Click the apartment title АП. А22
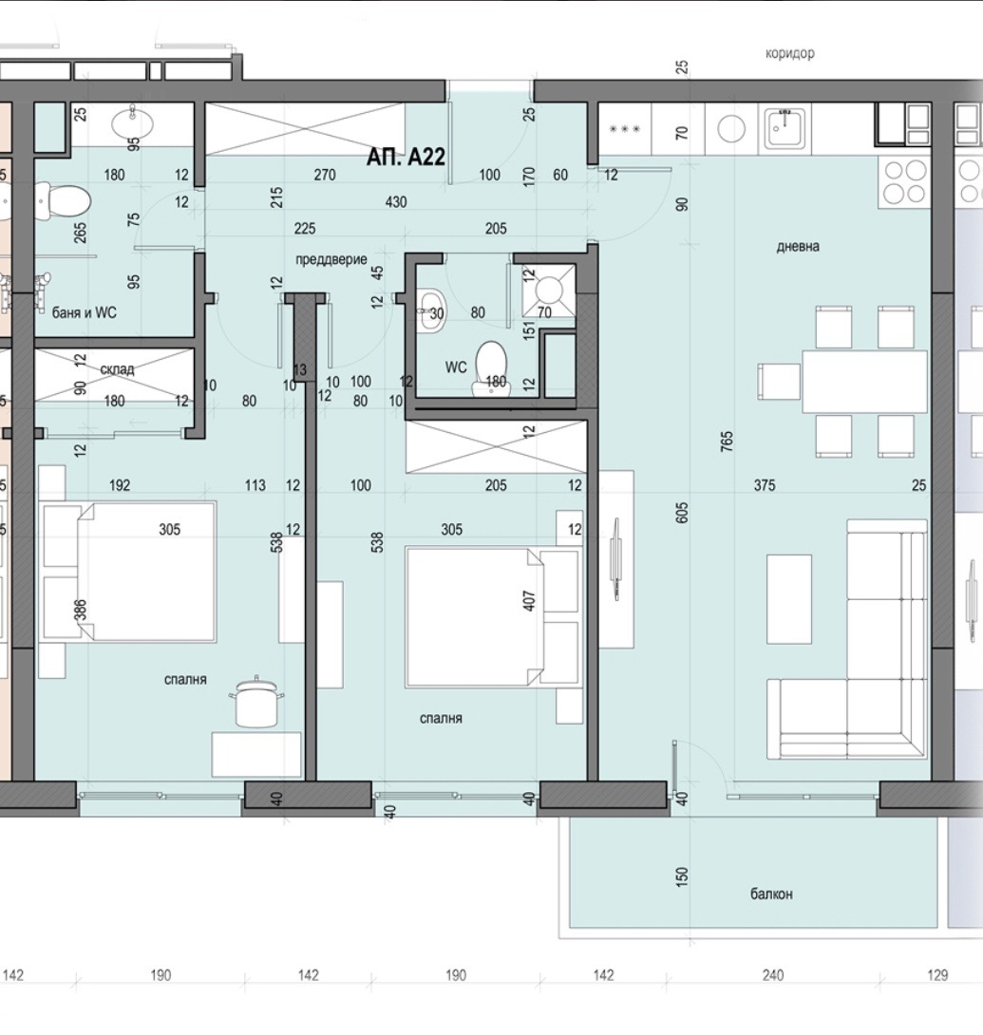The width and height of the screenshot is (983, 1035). coord(406,157)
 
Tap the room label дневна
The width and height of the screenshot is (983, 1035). coord(798,246)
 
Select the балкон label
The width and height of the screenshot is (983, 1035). coord(771,894)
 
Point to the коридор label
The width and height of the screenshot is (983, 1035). coord(789,53)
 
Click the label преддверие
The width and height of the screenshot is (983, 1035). coord(331,259)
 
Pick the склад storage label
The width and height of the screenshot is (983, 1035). coord(117,369)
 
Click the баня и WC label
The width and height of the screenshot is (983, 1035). coord(85,312)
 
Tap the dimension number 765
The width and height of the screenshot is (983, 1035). coord(727,441)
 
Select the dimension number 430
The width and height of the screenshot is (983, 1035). coord(395,202)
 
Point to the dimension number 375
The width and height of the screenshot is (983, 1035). coord(765,485)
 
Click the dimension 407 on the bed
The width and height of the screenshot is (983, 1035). coord(529,600)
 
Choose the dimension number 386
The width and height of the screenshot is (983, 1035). coord(79,610)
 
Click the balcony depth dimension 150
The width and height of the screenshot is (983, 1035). coord(682,875)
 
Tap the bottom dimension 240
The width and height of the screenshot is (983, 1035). coord(772,975)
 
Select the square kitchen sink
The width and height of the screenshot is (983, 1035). coord(785,129)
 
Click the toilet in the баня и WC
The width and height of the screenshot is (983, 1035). coord(64,201)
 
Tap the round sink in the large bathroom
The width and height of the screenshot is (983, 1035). coord(133,122)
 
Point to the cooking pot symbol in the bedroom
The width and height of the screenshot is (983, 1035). coord(256,703)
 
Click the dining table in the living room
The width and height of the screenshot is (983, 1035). coord(865,382)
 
